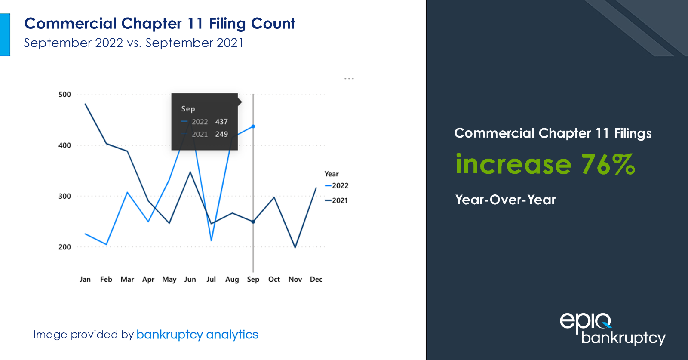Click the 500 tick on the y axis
pos(64,95)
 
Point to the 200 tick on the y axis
pos(64,247)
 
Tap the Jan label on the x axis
pos(85,279)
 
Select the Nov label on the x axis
pos(295,279)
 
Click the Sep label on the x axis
pos(253,280)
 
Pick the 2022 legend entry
pos(337,186)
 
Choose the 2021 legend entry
pos(337,200)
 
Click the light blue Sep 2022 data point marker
pos(253,126)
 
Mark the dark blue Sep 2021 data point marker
pos(253,222)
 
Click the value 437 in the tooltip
pos(221,122)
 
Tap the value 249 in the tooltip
pos(221,134)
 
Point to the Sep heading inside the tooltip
pos(188,109)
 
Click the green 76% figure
pos(608,164)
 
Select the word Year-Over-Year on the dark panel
pos(506,200)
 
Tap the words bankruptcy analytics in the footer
pos(197,335)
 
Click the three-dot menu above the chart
pos(349,79)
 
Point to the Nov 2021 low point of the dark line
pos(295,247)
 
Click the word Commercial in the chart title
pos(71,24)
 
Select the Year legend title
pos(332,174)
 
